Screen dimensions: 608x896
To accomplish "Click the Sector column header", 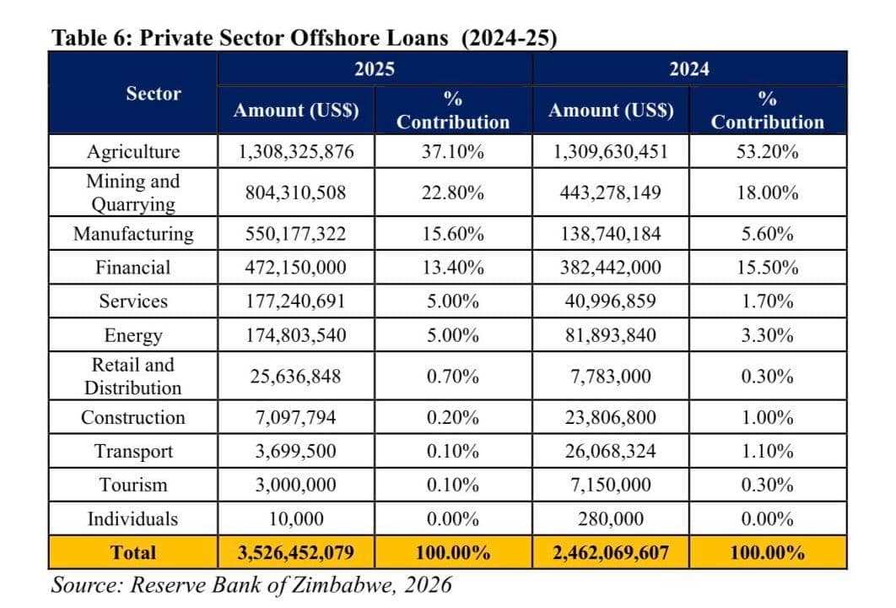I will tap(154, 93).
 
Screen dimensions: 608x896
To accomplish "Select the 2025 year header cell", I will tap(375, 68).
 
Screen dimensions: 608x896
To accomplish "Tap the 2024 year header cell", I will tap(689, 68).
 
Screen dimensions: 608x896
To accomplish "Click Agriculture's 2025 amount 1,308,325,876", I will tap(295, 152).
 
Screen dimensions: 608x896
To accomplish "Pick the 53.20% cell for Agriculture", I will tap(767, 152).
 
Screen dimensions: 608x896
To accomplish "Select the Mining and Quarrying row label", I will tap(133, 193).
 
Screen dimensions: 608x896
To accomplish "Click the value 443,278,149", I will tap(611, 193).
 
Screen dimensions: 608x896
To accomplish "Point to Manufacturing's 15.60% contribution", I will tap(453, 234).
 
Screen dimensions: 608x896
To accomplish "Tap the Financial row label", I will tap(133, 268).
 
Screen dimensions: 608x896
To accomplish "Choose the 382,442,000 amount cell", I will tap(611, 268).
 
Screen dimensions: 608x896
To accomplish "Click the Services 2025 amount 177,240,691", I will tap(295, 301).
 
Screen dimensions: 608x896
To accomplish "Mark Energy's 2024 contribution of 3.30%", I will tap(767, 335).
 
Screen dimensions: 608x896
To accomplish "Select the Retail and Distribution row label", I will tap(133, 377).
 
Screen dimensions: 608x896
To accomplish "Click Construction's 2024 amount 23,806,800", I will tap(611, 417).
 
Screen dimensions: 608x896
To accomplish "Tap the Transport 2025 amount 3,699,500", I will tap(295, 451).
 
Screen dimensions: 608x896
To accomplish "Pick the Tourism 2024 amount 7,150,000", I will tap(611, 485).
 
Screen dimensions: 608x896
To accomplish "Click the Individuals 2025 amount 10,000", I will tap(295, 518).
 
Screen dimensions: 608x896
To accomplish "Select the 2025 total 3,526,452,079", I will tap(295, 553).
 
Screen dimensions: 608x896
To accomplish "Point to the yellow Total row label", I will tap(133, 553).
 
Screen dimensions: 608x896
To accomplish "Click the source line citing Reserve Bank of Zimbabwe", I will tap(251, 584).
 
